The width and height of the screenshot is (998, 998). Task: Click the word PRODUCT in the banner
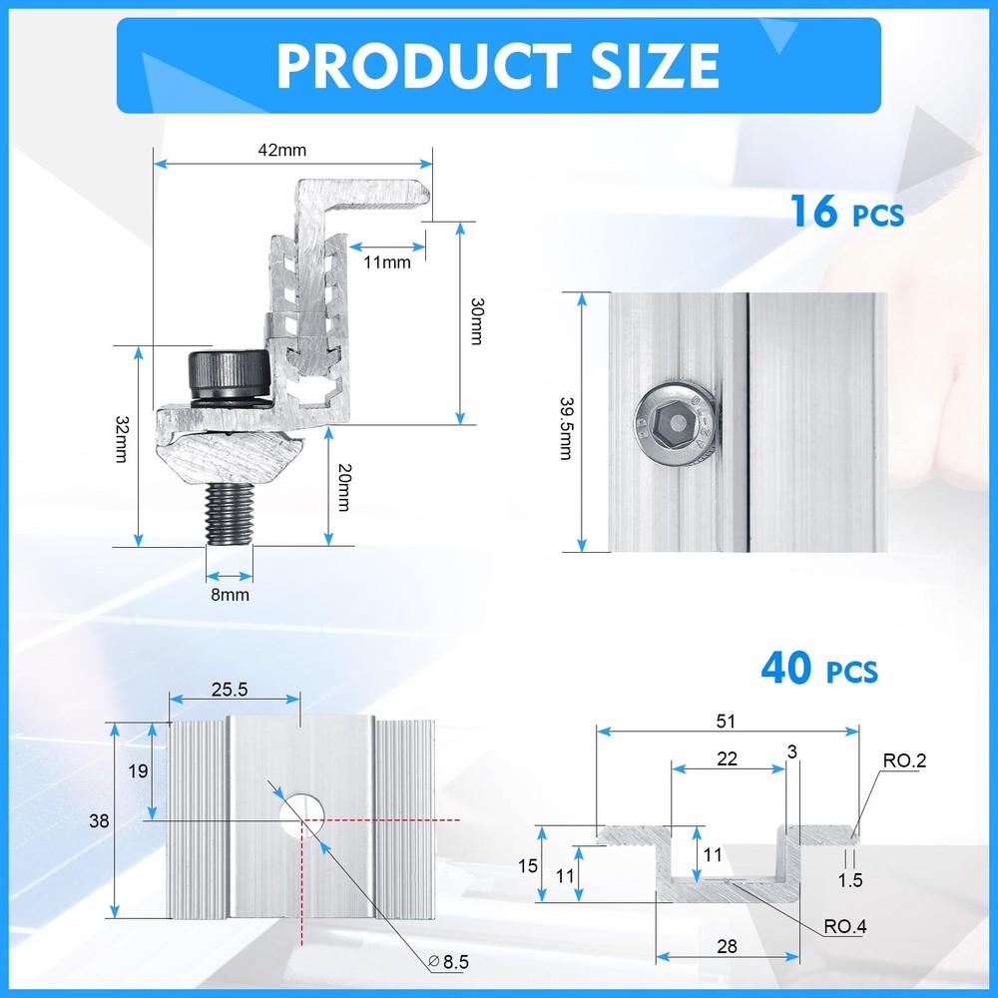tap(423, 66)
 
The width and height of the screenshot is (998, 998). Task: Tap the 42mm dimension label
tap(282, 151)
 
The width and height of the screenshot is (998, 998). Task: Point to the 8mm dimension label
tap(230, 595)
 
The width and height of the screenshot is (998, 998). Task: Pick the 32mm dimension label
tap(122, 439)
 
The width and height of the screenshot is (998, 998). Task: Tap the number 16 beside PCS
tap(813, 211)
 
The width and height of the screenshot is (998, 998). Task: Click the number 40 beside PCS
tap(786, 668)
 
